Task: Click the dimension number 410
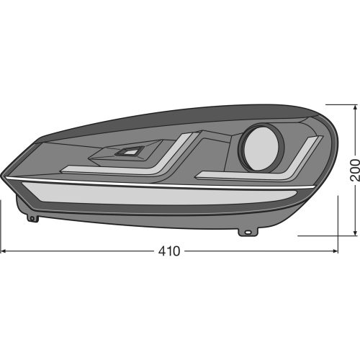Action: point(169,251)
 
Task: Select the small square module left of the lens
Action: point(130,151)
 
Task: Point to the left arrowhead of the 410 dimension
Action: point(4,251)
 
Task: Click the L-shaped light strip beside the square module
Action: point(144,162)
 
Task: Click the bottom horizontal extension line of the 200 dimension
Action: point(324,235)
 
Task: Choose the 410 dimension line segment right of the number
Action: point(259,251)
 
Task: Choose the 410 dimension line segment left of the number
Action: point(79,251)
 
